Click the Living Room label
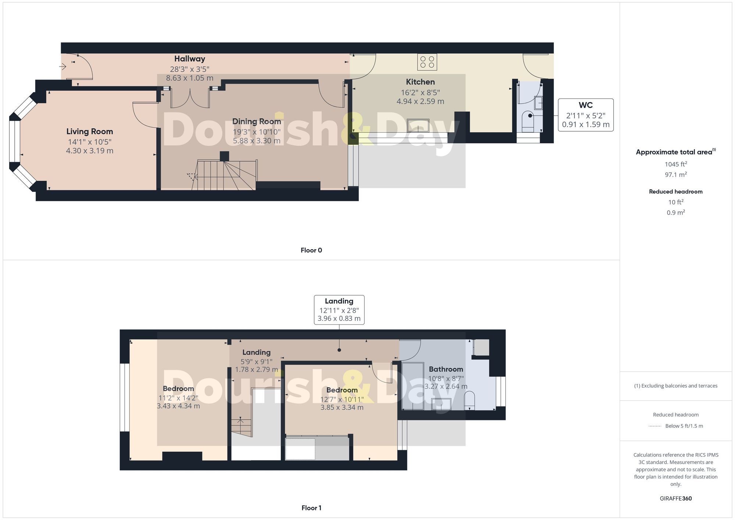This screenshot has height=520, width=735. (90, 132)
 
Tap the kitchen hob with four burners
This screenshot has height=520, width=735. (427, 62)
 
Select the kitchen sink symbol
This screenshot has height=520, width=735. (418, 125)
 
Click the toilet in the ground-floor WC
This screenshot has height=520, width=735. (528, 121)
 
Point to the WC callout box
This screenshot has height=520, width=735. (585, 115)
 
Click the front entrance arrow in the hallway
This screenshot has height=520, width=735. (63, 67)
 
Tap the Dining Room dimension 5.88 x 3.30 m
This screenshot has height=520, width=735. (257, 141)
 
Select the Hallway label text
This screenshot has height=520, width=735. (190, 59)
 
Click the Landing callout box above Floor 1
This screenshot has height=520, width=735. (339, 310)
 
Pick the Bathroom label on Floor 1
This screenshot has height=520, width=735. (446, 369)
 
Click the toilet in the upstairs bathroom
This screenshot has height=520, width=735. (469, 401)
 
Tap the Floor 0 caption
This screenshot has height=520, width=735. (311, 250)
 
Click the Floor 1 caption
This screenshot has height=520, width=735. (311, 508)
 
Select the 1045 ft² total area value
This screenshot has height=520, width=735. (675, 164)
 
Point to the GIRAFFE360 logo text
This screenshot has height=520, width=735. (675, 499)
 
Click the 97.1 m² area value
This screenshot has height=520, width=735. (675, 175)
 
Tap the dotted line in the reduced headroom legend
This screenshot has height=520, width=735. (655, 426)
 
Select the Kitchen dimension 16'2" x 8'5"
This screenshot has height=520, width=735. (420, 93)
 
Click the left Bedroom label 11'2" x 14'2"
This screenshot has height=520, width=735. (178, 398)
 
